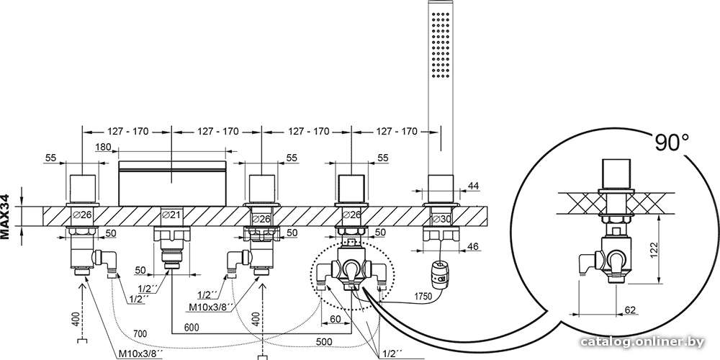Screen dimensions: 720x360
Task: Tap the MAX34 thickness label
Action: [6, 216]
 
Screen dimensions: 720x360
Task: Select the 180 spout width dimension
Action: [102, 148]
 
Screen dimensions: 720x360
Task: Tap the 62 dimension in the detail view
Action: [630, 310]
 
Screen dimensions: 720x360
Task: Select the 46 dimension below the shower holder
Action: [472, 246]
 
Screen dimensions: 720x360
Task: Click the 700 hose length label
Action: [140, 333]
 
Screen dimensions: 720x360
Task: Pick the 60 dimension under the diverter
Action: [336, 319]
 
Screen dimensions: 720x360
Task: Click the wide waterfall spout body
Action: [172, 183]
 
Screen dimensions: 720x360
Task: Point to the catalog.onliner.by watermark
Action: [642, 342]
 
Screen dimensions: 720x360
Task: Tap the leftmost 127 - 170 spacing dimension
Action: [128, 131]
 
